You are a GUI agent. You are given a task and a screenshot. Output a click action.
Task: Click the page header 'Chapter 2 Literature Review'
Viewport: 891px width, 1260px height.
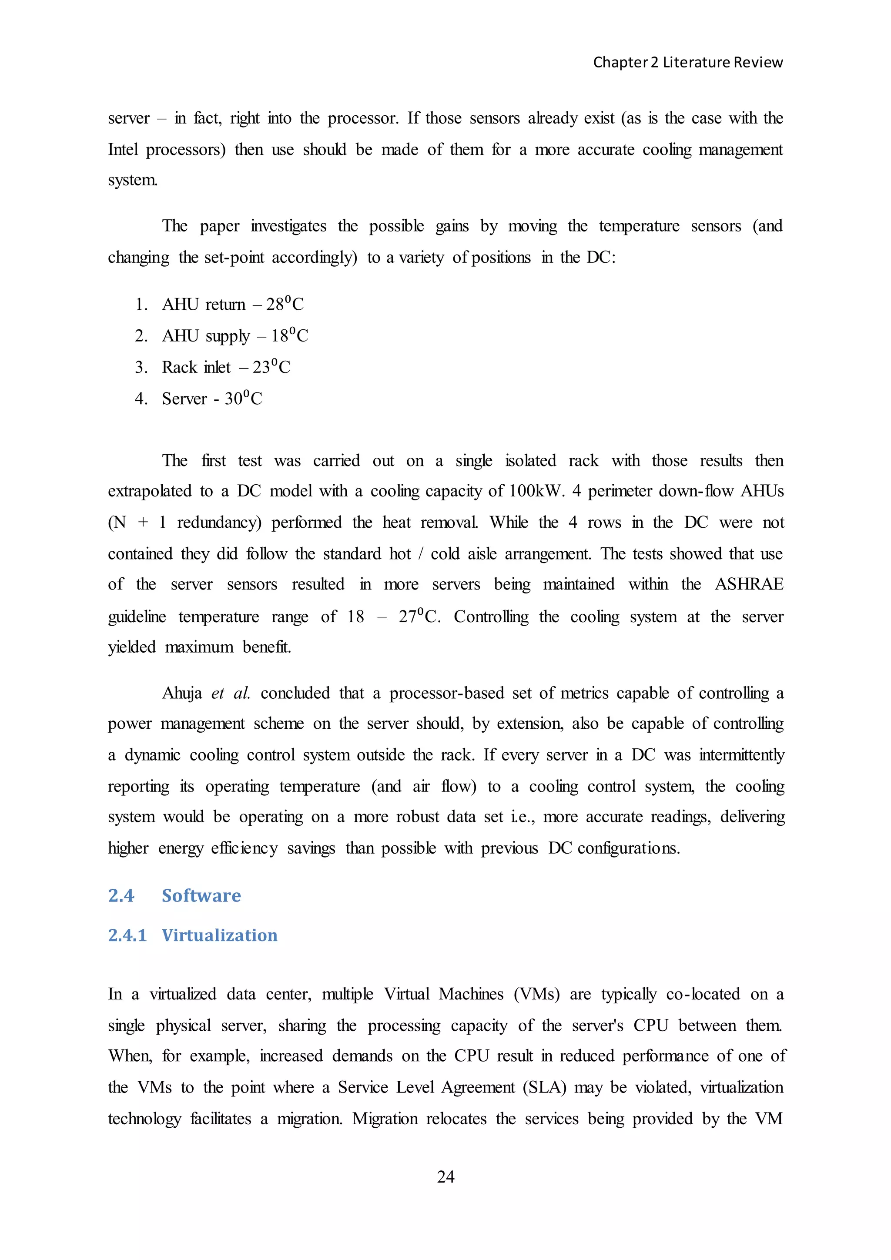(687, 63)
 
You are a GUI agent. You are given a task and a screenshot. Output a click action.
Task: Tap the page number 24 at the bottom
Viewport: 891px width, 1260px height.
(445, 1176)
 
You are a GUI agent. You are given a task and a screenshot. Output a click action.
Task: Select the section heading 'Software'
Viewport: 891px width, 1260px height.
(201, 895)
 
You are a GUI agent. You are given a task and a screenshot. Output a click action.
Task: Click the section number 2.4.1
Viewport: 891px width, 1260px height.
(127, 935)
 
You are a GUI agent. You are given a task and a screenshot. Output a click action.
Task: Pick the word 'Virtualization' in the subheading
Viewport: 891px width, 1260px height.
(219, 935)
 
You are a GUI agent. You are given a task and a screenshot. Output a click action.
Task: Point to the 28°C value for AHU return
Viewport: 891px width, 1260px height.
(285, 304)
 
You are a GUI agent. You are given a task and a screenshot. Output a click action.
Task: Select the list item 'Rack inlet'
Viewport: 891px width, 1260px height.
(196, 367)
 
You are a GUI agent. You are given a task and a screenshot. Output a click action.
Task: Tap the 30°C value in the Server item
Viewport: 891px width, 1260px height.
(243, 398)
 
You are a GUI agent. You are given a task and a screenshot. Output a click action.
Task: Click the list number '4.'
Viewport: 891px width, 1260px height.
(141, 398)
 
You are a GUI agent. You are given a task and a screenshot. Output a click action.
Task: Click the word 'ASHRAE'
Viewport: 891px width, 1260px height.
(748, 584)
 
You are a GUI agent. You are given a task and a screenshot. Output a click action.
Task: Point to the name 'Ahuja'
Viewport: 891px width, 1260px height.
(182, 693)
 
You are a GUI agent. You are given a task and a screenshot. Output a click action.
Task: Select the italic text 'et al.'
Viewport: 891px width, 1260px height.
(231, 693)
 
